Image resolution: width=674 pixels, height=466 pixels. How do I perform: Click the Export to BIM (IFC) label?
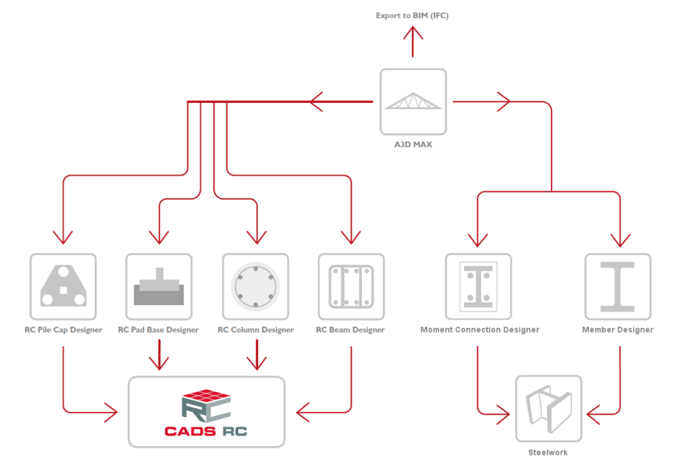click(x=412, y=15)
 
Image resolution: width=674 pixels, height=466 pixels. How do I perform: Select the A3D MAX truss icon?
click(x=413, y=102)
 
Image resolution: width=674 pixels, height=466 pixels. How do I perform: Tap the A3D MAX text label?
click(x=413, y=144)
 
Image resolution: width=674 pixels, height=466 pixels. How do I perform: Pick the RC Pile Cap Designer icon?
click(x=63, y=287)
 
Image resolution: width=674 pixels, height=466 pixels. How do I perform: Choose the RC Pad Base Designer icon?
click(x=159, y=287)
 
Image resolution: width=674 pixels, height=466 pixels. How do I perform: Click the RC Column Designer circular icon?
click(x=255, y=287)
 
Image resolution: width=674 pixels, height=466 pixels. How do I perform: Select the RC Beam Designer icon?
click(x=351, y=287)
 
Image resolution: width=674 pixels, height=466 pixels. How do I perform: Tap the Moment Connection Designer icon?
click(x=478, y=287)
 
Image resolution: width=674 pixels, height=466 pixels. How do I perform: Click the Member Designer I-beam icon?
click(x=617, y=287)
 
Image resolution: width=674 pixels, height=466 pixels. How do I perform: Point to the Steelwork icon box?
click(x=548, y=409)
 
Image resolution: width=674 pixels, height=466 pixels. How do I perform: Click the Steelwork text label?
click(x=548, y=453)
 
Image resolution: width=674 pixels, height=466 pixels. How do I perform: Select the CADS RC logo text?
click(x=206, y=432)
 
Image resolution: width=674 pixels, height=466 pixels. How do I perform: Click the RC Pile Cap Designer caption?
click(x=63, y=330)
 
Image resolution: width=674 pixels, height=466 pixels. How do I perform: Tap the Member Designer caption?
click(x=617, y=330)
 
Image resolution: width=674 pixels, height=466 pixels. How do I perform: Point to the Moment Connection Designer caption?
click(x=479, y=330)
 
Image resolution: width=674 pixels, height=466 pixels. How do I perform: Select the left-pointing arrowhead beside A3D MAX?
click(x=317, y=102)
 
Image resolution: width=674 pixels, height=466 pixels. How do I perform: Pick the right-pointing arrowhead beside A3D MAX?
click(x=504, y=102)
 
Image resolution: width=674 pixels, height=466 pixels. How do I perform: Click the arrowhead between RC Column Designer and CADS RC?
click(x=255, y=362)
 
